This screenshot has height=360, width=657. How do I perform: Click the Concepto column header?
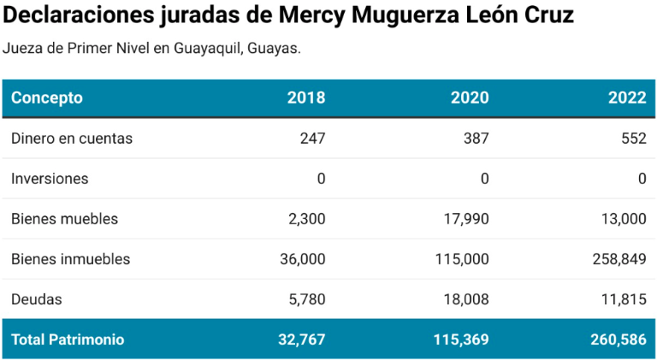(x=47, y=97)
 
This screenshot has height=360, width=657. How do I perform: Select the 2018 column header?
(x=306, y=97)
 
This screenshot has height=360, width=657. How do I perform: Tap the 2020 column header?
(x=470, y=97)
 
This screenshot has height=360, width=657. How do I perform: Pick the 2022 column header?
(x=627, y=97)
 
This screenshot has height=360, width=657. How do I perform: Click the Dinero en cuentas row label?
(x=72, y=139)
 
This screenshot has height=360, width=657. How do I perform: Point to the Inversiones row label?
(x=50, y=179)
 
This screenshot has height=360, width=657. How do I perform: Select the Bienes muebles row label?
(x=64, y=219)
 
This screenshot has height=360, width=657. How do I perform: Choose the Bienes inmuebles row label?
(x=71, y=259)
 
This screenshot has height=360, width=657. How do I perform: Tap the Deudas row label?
(x=37, y=299)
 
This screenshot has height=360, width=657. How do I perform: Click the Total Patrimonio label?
(x=68, y=339)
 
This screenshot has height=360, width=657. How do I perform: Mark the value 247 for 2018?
(x=312, y=139)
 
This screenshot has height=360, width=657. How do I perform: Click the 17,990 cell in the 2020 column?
(x=467, y=219)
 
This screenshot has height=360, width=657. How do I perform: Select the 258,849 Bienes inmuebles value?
(x=619, y=259)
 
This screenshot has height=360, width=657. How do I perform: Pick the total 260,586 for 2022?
(x=619, y=339)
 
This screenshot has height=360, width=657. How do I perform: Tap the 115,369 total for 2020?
(x=461, y=339)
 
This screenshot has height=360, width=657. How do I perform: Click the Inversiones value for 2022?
(x=642, y=179)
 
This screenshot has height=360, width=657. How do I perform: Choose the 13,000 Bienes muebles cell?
(x=623, y=219)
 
